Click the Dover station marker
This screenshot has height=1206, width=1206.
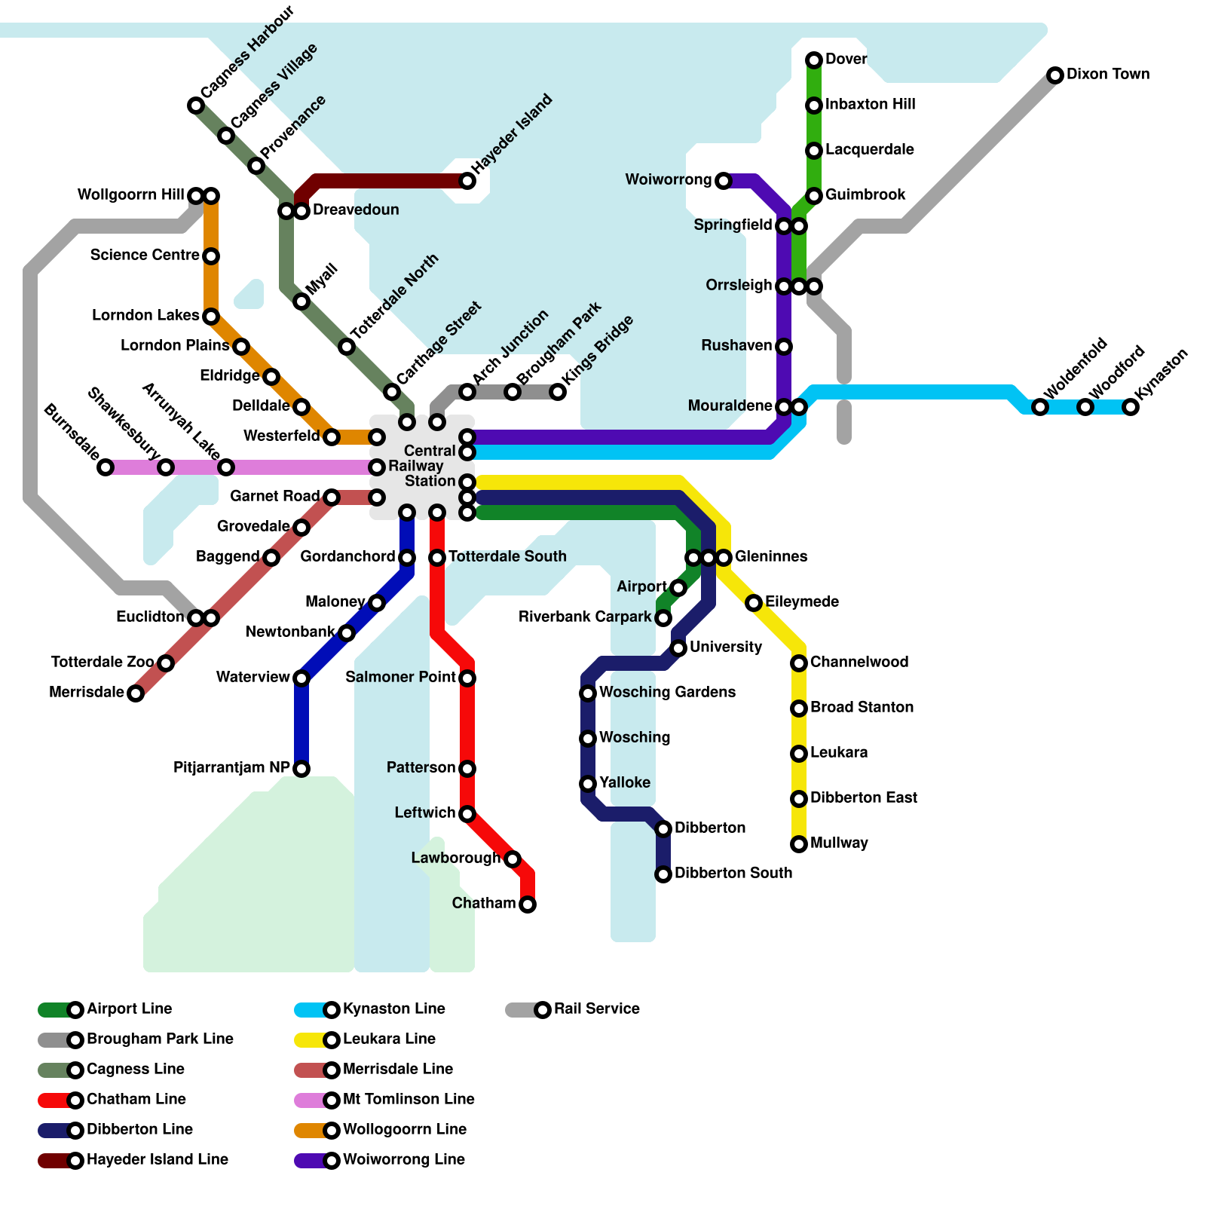click(x=814, y=60)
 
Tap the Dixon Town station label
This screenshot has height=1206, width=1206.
click(x=1107, y=74)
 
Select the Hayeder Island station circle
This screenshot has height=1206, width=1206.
click(x=467, y=181)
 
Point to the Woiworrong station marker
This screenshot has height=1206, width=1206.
click(x=724, y=181)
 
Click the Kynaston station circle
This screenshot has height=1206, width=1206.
click(x=1131, y=407)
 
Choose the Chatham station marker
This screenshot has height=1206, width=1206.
click(x=528, y=904)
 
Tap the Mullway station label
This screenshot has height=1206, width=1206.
click(x=839, y=843)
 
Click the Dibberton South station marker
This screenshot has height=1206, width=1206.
click(x=663, y=874)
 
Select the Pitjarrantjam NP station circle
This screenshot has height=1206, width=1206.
click(x=301, y=769)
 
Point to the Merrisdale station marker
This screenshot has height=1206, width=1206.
click(x=136, y=693)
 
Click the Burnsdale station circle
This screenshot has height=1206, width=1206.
click(x=106, y=467)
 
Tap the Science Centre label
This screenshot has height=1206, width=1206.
click(x=145, y=255)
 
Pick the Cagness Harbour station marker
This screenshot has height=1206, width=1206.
click(x=196, y=106)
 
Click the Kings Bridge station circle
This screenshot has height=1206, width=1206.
click(x=558, y=392)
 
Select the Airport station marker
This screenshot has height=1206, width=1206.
click(x=678, y=588)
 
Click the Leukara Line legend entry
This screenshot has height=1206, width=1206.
click(x=389, y=1039)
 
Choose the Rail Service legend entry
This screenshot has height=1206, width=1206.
click(x=596, y=1009)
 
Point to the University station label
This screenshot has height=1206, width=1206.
click(x=725, y=647)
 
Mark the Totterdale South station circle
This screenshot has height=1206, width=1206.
click(x=437, y=558)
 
